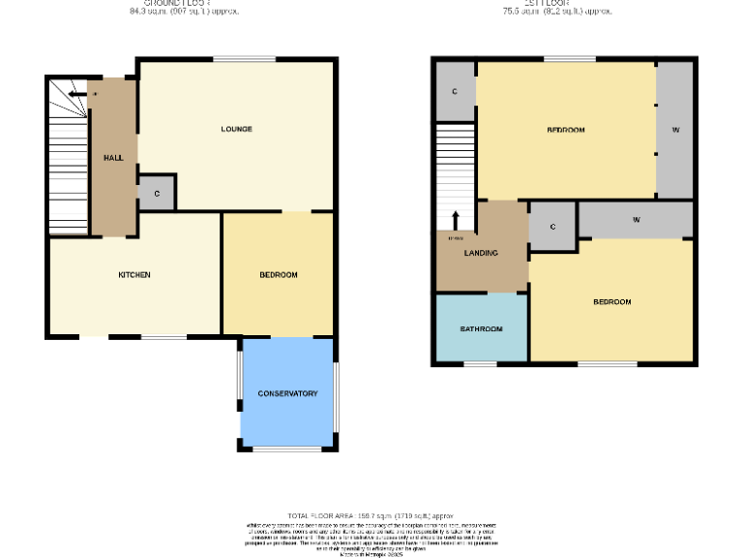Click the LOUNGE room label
(x=236, y=129)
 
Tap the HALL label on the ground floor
(x=113, y=157)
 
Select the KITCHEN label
(x=134, y=275)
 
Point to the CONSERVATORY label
(x=287, y=393)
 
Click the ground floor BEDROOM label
(x=279, y=275)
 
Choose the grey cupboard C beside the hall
(x=156, y=194)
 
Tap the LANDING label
(x=481, y=254)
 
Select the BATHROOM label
(x=481, y=329)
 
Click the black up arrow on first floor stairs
(x=455, y=219)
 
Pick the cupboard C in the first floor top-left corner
(x=455, y=92)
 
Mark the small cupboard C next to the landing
(x=552, y=227)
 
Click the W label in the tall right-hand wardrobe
(x=675, y=130)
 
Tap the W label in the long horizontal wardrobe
(x=636, y=220)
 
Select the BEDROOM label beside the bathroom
(x=611, y=302)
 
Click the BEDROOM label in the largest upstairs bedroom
(x=566, y=130)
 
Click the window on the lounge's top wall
(x=236, y=60)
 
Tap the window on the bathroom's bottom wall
(x=481, y=365)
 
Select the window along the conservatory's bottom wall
(x=286, y=449)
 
